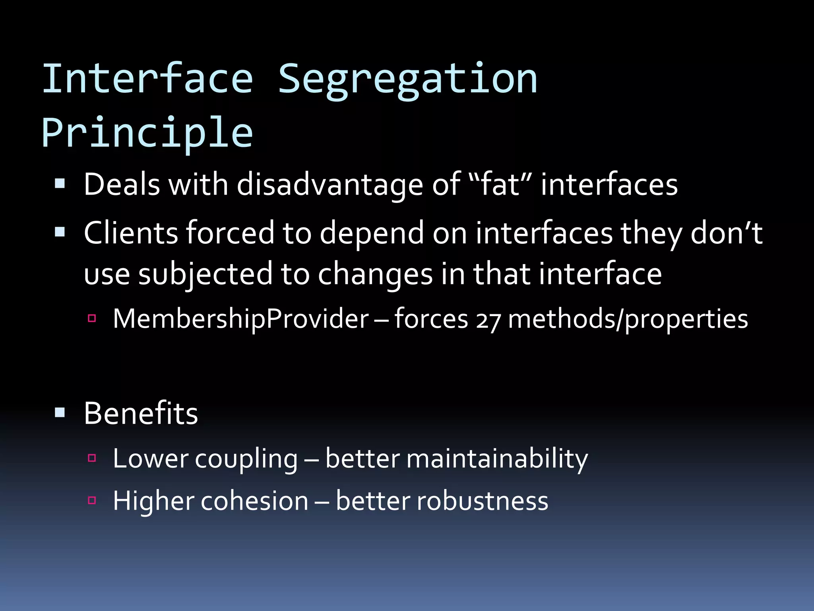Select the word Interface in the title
147,80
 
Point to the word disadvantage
330,185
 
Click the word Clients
131,233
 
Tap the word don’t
726,233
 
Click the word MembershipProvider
241,319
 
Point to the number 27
488,321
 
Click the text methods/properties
628,320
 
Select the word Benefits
141,414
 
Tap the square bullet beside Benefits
60,412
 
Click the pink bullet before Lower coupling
92,458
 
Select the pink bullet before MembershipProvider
92,318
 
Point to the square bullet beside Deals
60,183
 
